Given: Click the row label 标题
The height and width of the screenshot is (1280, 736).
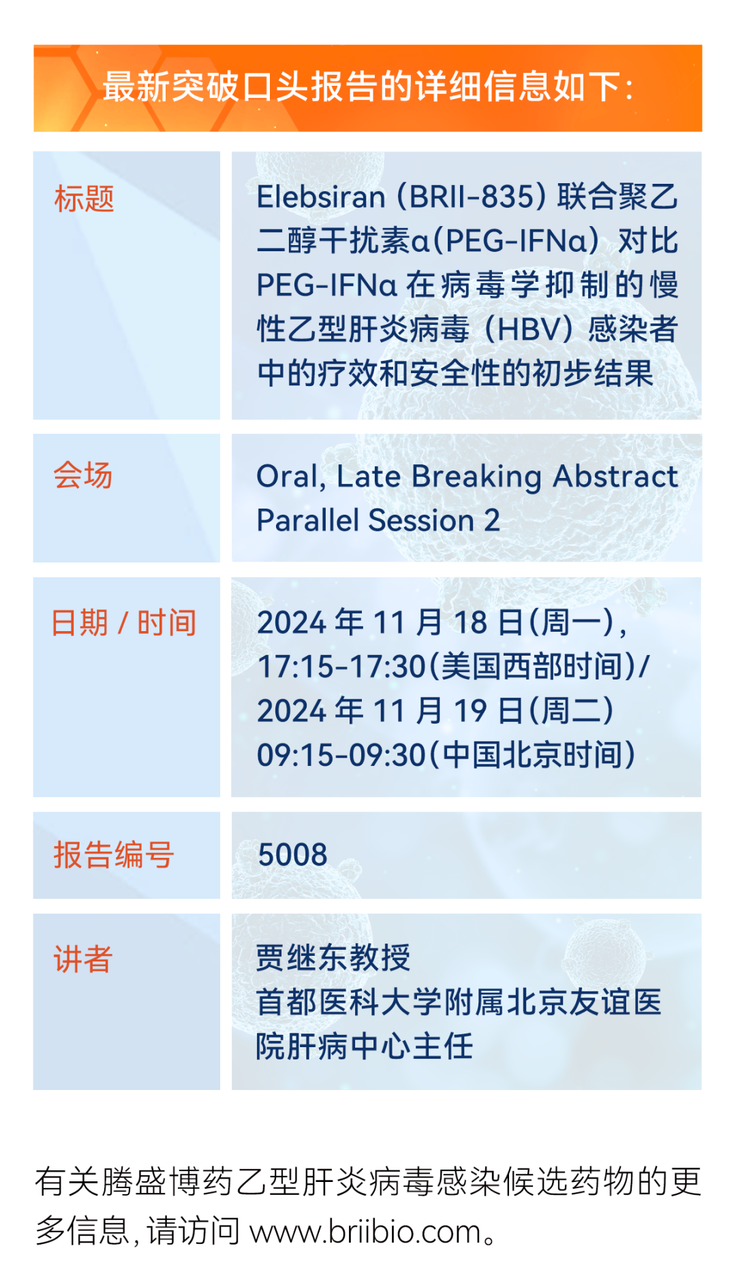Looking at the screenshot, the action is click(84, 199).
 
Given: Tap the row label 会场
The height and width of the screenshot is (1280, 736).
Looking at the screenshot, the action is click(83, 475).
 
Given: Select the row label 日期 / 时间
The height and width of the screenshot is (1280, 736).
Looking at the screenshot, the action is click(124, 622).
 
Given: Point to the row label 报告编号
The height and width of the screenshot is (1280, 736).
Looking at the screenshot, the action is click(114, 855).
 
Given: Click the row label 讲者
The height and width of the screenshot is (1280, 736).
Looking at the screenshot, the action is click(83, 959).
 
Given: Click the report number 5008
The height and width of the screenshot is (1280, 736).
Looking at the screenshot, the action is click(292, 855).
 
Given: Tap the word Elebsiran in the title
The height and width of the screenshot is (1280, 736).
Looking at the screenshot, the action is click(321, 197).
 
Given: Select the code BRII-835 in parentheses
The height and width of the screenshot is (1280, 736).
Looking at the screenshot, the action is click(472, 197).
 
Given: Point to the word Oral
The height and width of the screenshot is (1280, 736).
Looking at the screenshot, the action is click(286, 477).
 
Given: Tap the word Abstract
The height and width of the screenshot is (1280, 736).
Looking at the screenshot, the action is click(615, 476).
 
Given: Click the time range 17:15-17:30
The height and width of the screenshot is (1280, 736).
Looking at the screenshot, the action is click(341, 667).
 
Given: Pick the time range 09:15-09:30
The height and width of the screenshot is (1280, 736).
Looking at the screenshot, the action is click(341, 755).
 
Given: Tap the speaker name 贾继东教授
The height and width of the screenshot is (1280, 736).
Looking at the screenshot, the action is click(333, 959).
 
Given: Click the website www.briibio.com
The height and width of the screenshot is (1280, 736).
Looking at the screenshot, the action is click(366, 1232).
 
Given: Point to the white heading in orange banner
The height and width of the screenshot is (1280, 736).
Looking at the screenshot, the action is click(368, 87).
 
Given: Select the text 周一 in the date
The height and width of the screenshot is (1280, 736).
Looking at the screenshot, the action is click(572, 622).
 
